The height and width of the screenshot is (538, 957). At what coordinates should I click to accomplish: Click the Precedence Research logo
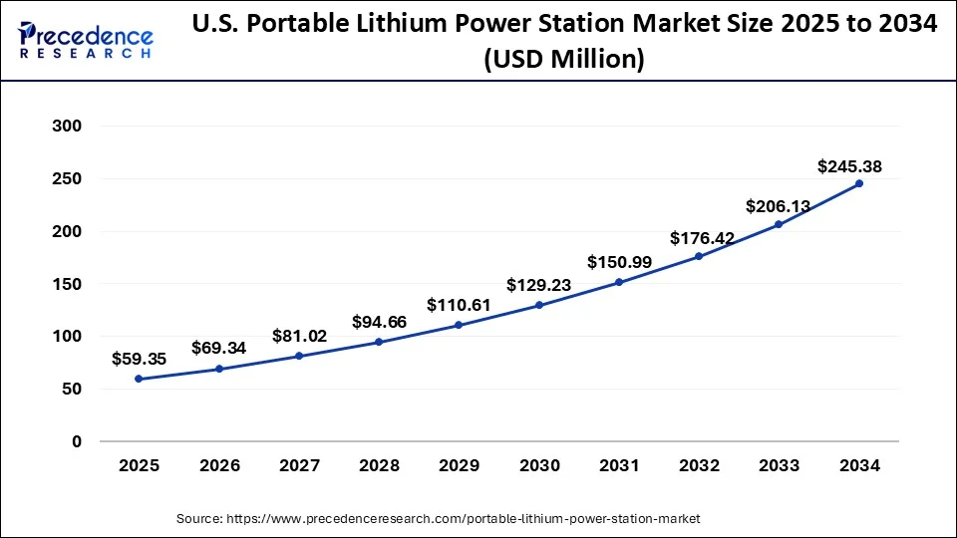click(86, 40)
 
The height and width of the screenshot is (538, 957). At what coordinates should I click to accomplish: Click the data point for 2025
click(139, 379)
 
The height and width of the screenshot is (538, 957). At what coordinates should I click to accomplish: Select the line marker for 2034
click(859, 183)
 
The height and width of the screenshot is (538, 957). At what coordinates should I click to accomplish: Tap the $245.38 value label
click(849, 166)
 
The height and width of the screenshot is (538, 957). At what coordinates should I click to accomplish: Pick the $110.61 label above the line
click(459, 305)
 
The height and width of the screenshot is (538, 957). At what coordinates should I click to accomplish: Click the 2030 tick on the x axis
click(539, 465)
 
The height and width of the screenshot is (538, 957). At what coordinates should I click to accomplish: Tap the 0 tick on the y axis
click(76, 441)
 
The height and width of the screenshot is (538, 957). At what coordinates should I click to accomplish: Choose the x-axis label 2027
click(299, 465)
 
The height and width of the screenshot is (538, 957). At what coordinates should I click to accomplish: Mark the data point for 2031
click(619, 282)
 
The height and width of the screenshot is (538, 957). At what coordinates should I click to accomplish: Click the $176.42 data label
click(699, 238)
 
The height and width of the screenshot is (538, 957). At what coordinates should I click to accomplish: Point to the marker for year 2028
click(379, 342)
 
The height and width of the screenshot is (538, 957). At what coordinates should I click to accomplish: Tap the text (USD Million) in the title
click(564, 61)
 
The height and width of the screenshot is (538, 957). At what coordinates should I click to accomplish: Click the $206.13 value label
click(779, 206)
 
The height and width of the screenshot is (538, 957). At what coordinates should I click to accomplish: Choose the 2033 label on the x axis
click(780, 465)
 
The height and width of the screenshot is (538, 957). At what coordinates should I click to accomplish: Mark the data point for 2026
click(218, 369)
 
